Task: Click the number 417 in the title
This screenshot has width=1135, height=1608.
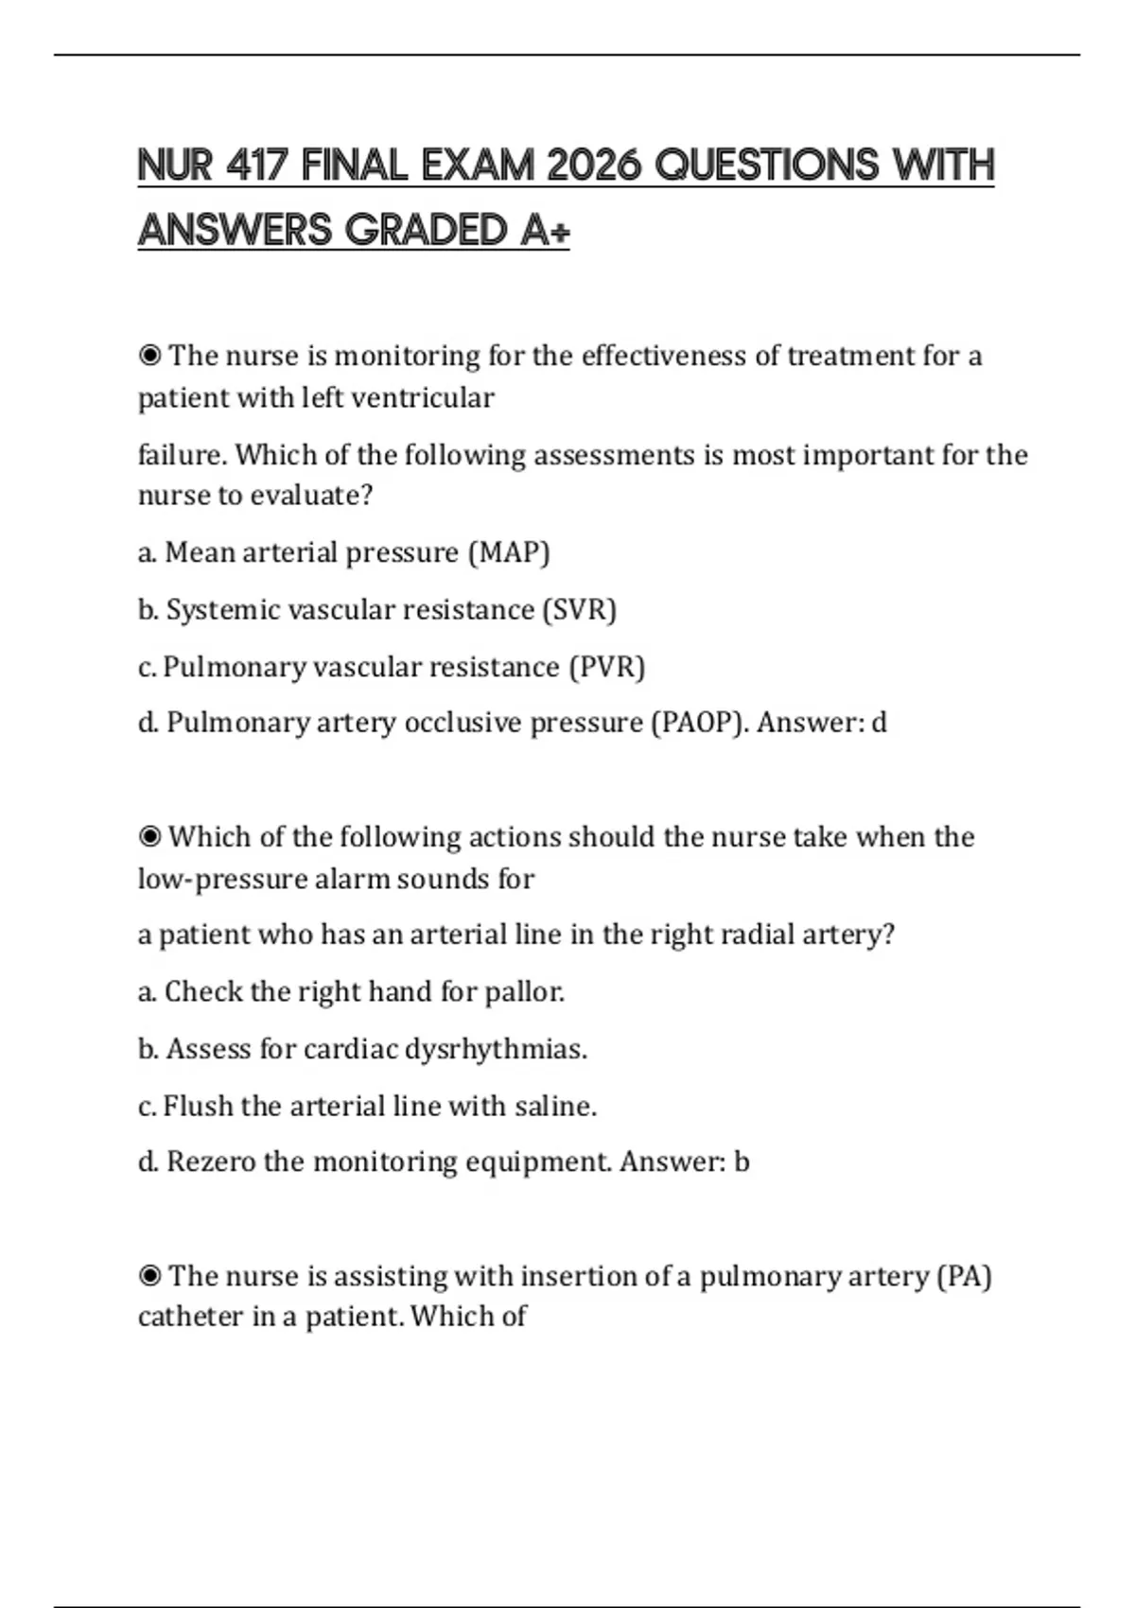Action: pyautogui.click(x=256, y=166)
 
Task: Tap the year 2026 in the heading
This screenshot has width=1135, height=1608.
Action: pyautogui.click(x=594, y=166)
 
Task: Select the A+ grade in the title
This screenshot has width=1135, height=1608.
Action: pyautogui.click(x=544, y=230)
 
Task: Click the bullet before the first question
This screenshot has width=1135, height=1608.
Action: pyautogui.click(x=149, y=357)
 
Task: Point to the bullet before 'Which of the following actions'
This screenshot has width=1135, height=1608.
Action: pyautogui.click(x=149, y=837)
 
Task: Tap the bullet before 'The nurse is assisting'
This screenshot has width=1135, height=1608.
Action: pyautogui.click(x=149, y=1276)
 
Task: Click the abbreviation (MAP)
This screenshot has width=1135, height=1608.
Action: pyautogui.click(x=509, y=552)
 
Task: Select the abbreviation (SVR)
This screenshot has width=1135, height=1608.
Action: pyautogui.click(x=579, y=610)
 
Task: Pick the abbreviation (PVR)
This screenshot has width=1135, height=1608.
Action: pyautogui.click(x=606, y=667)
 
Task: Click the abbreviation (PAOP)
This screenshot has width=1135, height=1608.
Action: pyautogui.click(x=695, y=723)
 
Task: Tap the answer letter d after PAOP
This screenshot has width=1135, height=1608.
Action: pyautogui.click(x=879, y=723)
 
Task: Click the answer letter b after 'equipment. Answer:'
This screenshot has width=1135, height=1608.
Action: pyautogui.click(x=742, y=1162)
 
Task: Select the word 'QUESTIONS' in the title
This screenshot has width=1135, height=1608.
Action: pyautogui.click(x=767, y=166)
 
